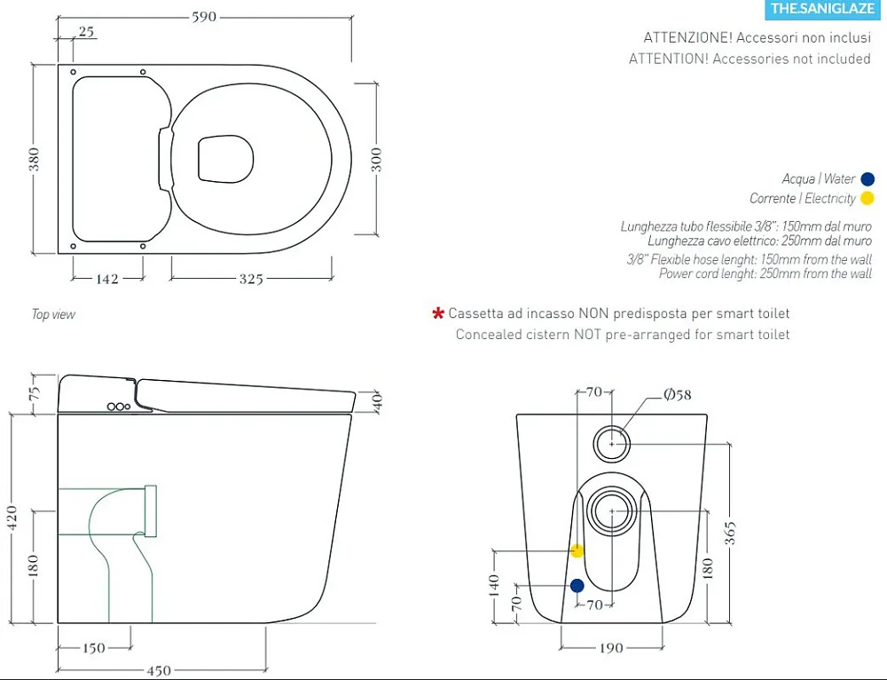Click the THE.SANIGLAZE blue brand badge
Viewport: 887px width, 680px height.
822,9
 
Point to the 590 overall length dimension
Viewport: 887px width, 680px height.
204,16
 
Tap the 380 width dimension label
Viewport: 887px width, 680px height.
35,159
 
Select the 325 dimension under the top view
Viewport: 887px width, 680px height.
251,279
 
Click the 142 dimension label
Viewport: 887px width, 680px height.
107,279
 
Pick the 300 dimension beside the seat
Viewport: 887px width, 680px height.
377,160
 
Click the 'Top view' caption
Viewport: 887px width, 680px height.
53,314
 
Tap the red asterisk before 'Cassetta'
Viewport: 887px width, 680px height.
438,313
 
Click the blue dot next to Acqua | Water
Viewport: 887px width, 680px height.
867,179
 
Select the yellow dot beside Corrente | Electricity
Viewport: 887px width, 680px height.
867,198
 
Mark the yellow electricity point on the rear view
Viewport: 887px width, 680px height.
577,550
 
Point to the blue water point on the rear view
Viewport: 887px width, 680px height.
577,585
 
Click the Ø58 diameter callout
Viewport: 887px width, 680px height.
678,395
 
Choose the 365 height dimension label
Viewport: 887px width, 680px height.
730,534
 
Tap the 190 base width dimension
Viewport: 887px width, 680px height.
611,648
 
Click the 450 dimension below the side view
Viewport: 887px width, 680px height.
159,671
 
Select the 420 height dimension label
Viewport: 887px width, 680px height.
12,518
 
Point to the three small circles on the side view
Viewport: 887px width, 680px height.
119,407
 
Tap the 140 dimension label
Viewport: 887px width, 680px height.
494,585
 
